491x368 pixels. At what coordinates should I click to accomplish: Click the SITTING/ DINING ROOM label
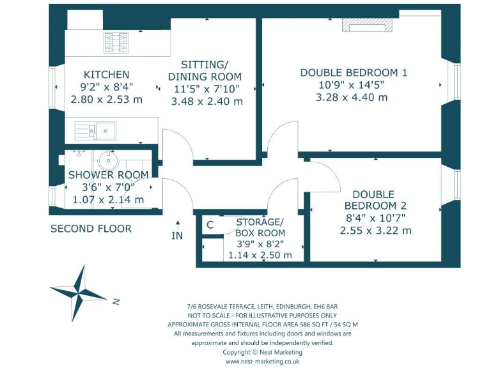[205, 71]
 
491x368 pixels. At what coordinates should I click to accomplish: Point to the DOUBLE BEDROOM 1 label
[354, 73]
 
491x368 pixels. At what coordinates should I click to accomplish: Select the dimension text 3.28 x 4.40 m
[352, 97]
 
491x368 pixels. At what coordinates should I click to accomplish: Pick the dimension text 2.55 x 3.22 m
[375, 230]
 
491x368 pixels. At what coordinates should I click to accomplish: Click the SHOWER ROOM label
[108, 175]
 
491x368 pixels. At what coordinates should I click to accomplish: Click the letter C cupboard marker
[210, 225]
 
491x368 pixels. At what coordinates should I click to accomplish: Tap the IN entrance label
[177, 236]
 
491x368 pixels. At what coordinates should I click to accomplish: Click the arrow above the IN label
[177, 224]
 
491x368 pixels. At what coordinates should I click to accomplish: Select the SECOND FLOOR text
[91, 229]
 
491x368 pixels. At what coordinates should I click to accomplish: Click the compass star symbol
[79, 290]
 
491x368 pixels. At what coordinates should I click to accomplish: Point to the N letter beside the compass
[116, 302]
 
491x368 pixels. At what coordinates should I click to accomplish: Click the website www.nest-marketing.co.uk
[262, 361]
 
